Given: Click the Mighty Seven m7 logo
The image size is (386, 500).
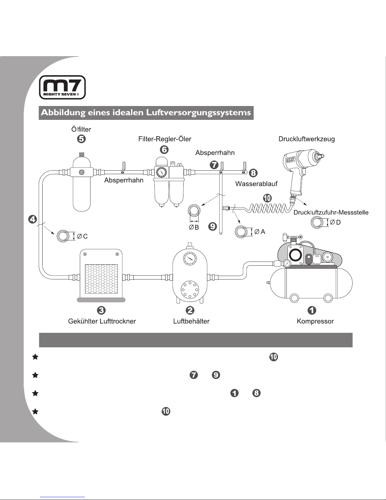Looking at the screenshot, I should pos(62,87).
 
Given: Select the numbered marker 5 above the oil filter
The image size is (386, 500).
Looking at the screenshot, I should pos(81,139).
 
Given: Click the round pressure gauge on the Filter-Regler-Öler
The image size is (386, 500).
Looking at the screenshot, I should pos(161,172).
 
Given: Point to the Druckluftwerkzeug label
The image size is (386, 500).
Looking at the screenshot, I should pos(307,139).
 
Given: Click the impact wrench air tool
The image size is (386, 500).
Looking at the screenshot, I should pos(299,170).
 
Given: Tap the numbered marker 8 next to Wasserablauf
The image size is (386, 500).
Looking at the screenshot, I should pos(253,173).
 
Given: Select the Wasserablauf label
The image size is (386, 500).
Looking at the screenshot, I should pos(256,184).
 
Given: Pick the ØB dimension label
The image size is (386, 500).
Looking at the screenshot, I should pos(194,227).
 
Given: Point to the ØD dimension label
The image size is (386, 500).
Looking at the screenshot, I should pos(335,222).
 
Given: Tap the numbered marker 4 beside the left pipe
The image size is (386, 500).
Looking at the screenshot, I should pos(32,219).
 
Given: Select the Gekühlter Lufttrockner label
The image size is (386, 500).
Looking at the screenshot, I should pos(102,321).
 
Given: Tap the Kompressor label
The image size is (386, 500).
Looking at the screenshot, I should pos(315,321).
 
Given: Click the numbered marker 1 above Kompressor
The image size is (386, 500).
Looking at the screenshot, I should pos(312,310).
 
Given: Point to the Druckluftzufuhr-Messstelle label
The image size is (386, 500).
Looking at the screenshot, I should pos(331,212).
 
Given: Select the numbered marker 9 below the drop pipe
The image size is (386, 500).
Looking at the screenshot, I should pos(212,226).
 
